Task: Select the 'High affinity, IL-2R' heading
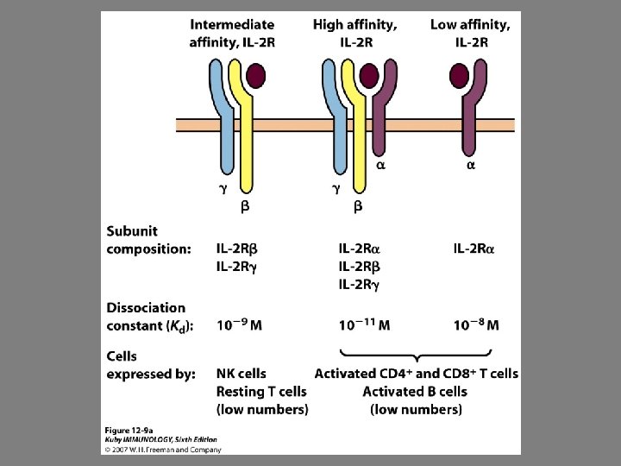point(355,33)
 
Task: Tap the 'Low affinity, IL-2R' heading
point(470,33)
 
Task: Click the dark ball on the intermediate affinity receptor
point(256,77)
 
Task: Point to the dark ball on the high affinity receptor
point(369,77)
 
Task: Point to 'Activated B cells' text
point(416,391)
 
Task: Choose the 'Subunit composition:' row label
point(148,240)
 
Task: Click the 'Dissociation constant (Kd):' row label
point(149,316)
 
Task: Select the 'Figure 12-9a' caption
point(130,430)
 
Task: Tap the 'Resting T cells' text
point(261,391)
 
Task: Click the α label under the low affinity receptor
point(470,165)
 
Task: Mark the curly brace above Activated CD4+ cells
point(417,355)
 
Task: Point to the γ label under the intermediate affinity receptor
point(223,188)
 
